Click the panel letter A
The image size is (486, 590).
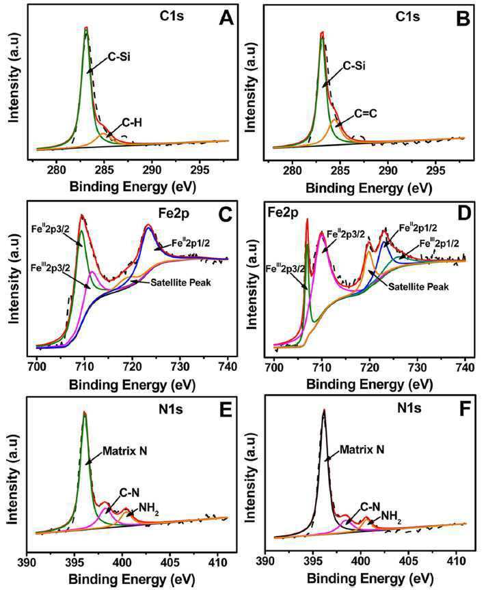click(x=226, y=17)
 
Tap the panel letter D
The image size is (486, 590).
click(x=463, y=213)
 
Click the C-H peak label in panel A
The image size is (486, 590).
click(x=132, y=122)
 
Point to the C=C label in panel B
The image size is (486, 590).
click(x=366, y=113)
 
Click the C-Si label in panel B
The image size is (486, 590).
click(x=354, y=66)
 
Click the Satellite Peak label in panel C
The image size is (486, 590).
click(x=180, y=282)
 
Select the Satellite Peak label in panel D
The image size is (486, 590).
click(x=418, y=287)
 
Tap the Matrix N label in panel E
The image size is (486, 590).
click(x=124, y=451)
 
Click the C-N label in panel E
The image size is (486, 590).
click(x=129, y=492)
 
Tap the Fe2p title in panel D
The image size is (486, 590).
click(x=282, y=212)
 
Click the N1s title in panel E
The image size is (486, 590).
click(x=171, y=409)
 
